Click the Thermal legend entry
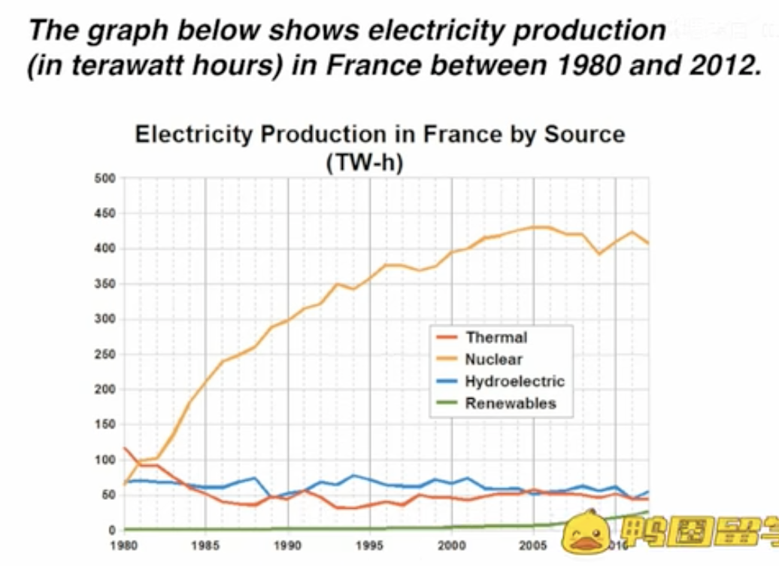coord(496,337)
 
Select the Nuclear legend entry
coord(493,359)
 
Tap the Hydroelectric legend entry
coord(514,381)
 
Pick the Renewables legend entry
coord(510,403)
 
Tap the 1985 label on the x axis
coord(205,545)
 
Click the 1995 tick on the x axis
coord(369,545)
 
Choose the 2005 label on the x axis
coord(533,545)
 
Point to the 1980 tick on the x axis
coord(123,545)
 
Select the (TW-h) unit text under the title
coord(365,162)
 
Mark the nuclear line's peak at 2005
coord(534,227)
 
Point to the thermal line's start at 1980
coord(124,448)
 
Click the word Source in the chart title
coord(585,135)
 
